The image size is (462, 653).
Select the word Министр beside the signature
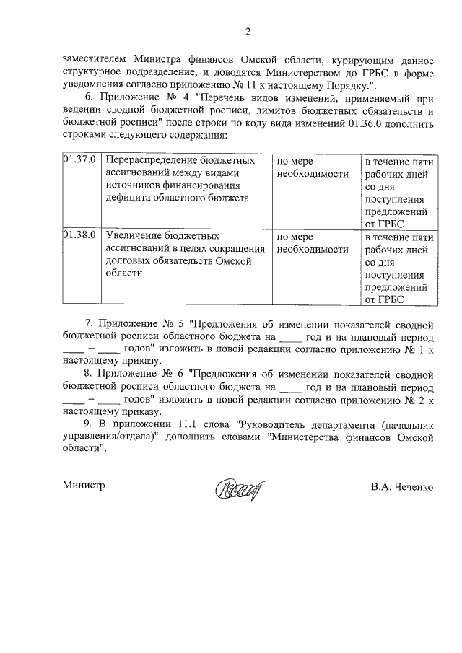(x=84, y=486)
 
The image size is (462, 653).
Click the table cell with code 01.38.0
(x=79, y=235)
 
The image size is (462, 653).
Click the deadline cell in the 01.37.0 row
(x=398, y=191)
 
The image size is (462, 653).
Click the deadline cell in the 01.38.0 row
(x=398, y=267)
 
